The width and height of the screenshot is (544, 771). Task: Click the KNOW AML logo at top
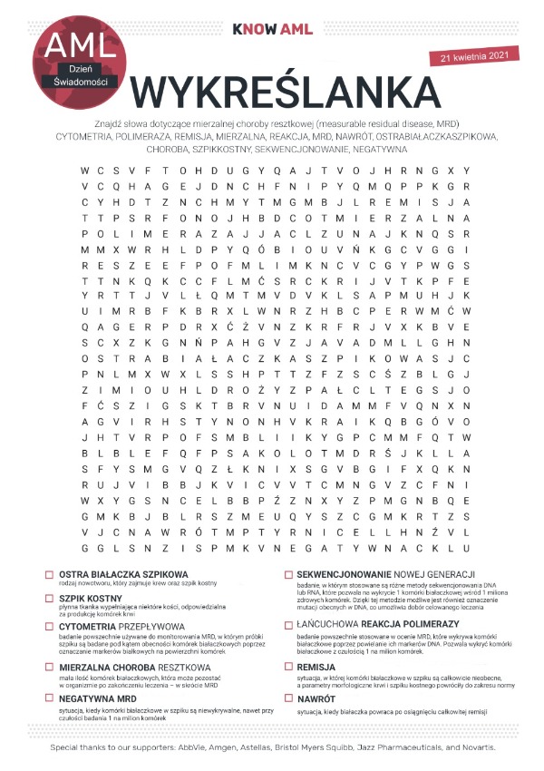tap(272, 29)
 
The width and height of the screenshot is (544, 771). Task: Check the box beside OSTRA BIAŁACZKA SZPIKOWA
tap(48, 575)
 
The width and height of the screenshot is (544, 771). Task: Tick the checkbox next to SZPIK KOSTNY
tap(48, 600)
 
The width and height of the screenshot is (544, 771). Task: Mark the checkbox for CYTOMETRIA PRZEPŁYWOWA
tap(48, 625)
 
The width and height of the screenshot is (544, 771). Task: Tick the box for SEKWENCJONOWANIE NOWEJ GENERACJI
tap(288, 575)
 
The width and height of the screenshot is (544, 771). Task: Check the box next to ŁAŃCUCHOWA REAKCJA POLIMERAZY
tap(288, 625)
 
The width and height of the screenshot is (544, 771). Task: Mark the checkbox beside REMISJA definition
tap(288, 665)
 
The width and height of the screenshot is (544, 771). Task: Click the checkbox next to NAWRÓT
tap(288, 698)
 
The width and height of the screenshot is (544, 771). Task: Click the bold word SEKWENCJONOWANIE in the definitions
tap(353, 575)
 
